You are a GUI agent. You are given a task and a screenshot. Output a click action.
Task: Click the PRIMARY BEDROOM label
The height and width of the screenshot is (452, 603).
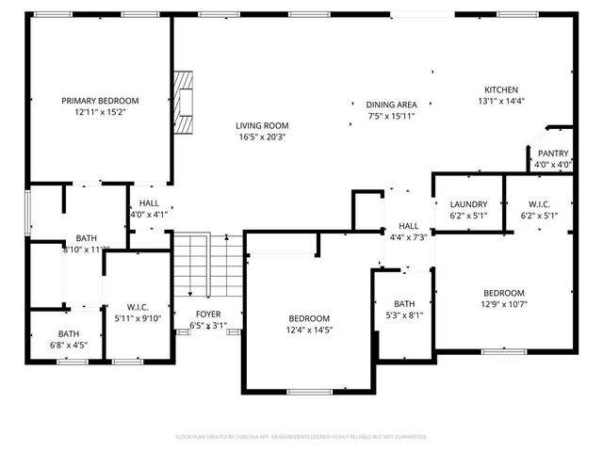[100, 101]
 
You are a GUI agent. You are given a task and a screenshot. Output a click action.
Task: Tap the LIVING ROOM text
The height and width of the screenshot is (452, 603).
[262, 125]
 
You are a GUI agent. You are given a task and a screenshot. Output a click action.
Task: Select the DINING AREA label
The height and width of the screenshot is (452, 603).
[392, 105]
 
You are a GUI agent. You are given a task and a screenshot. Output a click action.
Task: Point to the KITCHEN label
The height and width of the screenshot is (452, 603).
[500, 89]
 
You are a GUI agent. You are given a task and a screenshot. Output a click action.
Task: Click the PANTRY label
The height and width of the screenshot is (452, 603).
[553, 153]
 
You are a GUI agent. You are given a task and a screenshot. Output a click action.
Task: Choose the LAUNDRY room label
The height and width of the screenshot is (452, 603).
[468, 204]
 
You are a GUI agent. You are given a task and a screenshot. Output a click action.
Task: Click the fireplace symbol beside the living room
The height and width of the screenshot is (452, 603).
[187, 103]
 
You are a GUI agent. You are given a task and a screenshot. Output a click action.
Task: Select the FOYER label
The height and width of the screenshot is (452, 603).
[208, 315]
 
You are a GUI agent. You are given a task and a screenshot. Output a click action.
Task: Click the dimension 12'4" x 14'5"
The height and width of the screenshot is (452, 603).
[309, 330]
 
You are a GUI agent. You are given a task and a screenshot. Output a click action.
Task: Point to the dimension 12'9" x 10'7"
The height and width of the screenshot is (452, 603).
[504, 304]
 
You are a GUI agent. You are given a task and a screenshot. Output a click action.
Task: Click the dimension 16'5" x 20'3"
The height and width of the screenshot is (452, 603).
[262, 137]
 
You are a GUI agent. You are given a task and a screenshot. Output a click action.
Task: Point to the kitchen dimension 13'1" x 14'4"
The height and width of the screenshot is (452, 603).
[500, 101]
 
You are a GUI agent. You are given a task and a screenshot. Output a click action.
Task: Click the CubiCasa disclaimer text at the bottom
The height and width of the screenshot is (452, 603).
[301, 437]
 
